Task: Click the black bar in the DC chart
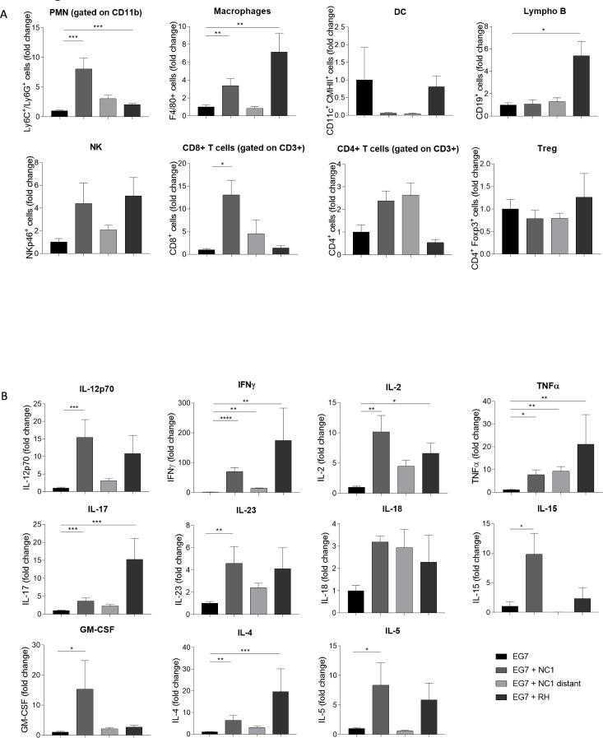364,97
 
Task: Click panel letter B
5,396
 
